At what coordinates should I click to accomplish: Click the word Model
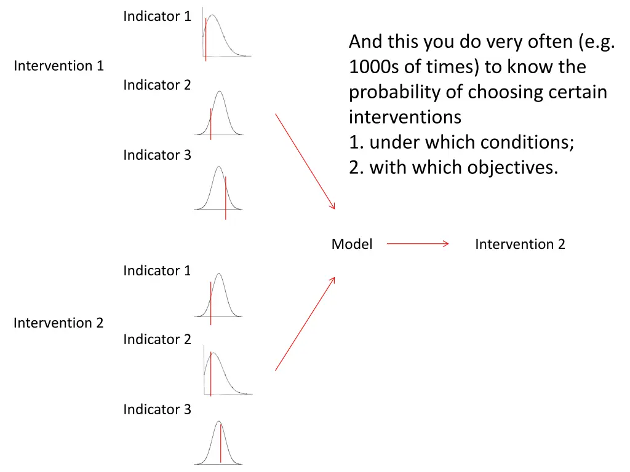click(351, 244)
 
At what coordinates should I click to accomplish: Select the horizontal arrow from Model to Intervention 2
click(418, 244)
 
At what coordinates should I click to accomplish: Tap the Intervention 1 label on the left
click(59, 66)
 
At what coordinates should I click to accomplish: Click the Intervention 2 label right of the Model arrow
click(520, 244)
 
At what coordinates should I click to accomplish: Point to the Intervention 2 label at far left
click(59, 323)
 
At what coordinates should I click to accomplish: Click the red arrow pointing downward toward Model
click(305, 161)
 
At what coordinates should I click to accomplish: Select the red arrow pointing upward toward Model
click(305, 324)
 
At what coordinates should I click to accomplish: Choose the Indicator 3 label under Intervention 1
click(157, 155)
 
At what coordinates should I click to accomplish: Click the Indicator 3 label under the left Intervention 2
click(157, 409)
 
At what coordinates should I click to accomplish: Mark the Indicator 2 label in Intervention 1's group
click(157, 85)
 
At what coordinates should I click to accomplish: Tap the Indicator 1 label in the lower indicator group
click(157, 270)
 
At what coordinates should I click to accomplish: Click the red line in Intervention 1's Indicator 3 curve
click(225, 198)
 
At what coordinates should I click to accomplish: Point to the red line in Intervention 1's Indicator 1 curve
click(205, 40)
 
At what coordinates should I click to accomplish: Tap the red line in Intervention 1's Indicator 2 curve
click(211, 124)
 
